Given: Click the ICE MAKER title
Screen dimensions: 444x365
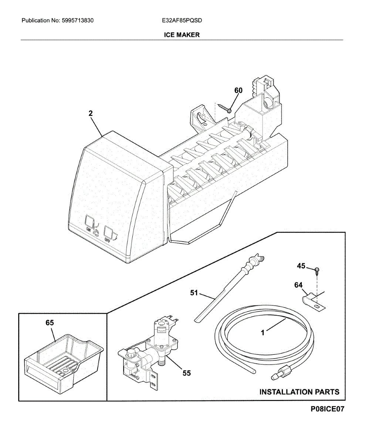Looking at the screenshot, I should (x=182, y=35).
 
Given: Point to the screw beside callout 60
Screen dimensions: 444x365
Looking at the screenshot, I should (x=225, y=108).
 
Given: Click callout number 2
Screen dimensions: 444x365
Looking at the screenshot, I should (x=91, y=114).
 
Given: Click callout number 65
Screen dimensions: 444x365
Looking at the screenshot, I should (x=50, y=323).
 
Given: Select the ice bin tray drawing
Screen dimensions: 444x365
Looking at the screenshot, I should (x=63, y=359).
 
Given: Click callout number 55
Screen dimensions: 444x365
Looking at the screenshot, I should (x=186, y=373).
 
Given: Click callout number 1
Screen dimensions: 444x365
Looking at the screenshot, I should (x=263, y=333).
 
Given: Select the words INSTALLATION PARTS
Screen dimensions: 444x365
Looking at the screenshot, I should (x=299, y=392).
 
